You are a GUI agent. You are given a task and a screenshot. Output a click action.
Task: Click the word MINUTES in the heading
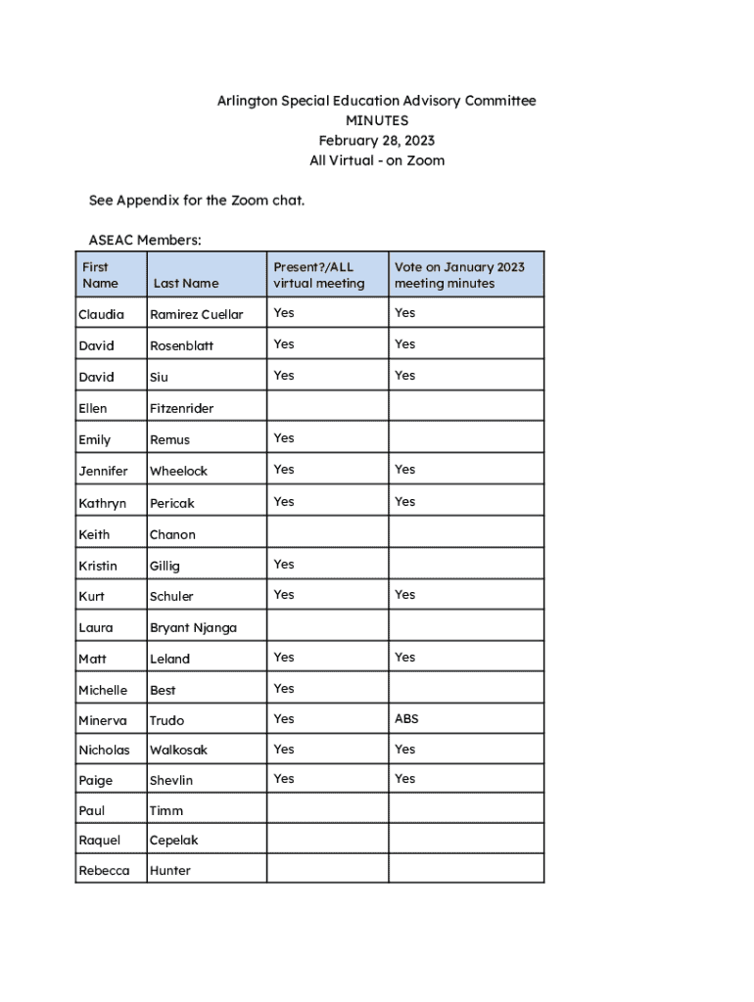pos(377,120)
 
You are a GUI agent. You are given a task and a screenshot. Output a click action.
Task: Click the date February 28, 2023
pos(377,141)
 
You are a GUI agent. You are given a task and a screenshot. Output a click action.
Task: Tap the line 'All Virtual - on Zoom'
pos(377,160)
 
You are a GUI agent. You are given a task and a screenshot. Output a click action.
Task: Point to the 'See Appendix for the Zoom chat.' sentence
pos(197,201)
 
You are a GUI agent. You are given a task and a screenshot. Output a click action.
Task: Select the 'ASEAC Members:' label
pos(145,240)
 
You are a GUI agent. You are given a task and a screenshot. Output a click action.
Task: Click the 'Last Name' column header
pos(186,283)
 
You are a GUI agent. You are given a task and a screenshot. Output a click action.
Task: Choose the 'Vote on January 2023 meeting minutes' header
pos(459,275)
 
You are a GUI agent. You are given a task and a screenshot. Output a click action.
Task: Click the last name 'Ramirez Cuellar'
pos(196,314)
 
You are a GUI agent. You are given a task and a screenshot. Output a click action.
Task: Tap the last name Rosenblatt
pos(181,345)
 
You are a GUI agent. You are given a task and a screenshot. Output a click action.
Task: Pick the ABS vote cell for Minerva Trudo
pos(406,718)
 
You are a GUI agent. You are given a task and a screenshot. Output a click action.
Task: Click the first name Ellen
pos(93,408)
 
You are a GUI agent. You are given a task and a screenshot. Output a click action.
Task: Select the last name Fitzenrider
pos(181,408)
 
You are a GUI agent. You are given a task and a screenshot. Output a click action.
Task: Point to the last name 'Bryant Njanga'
pos(193,627)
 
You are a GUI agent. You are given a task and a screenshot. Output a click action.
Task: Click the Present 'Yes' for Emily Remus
pos(284,437)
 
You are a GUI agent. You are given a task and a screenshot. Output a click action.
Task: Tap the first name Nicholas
pos(104,750)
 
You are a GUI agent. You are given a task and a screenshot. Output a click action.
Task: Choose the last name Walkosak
pos(178,750)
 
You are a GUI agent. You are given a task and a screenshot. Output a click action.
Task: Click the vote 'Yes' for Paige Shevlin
pos(405,778)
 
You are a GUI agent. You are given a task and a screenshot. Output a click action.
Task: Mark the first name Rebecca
pos(104,870)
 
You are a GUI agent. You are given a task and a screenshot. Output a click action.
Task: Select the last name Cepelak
pos(174,840)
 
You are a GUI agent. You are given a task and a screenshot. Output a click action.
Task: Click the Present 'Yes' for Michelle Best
pos(284,688)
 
